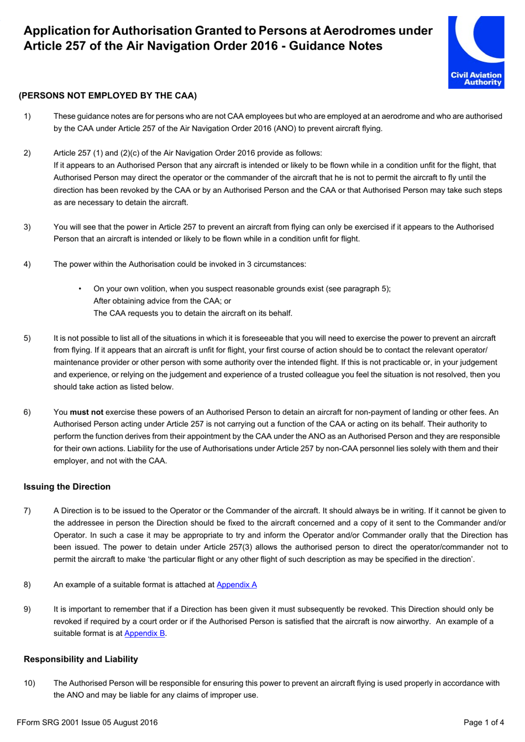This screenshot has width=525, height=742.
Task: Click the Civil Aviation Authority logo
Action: pos(476,52)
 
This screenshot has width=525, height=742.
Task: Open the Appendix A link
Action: pos(237,585)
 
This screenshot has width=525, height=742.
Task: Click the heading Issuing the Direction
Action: pos(67,487)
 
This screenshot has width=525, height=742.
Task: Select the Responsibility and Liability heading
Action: pos(81,659)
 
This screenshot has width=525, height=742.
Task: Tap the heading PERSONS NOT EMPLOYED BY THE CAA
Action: pos(108,96)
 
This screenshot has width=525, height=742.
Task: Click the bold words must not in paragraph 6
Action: pos(86,412)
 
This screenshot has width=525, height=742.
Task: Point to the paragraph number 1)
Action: pos(27,117)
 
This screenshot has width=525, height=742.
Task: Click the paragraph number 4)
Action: pos(27,264)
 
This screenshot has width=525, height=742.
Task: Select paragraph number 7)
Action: pos(27,511)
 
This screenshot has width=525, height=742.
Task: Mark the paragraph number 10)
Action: pos(29,683)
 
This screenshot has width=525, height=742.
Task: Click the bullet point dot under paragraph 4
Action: pos(80,289)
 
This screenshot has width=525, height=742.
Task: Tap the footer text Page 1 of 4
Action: pos(484,722)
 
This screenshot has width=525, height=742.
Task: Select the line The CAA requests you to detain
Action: pos(193,313)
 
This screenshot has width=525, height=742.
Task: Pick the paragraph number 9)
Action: pos(27,609)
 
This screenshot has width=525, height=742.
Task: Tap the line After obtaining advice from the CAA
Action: pos(162,301)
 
